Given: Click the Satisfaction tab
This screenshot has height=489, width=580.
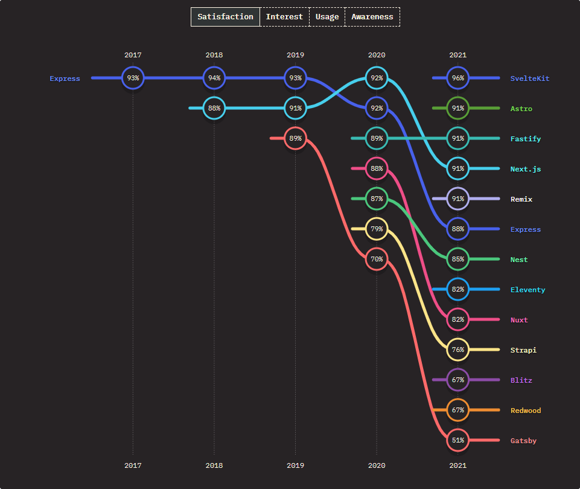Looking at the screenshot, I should pyautogui.click(x=225, y=17).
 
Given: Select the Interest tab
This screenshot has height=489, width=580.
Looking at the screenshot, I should pyautogui.click(x=284, y=17).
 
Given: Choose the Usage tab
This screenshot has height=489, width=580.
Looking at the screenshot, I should pyautogui.click(x=327, y=17).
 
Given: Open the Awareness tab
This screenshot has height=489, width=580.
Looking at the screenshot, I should pyautogui.click(x=372, y=17).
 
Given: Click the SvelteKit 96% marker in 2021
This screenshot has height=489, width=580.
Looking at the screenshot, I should pyautogui.click(x=457, y=78).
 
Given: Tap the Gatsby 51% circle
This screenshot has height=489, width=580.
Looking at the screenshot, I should pyautogui.click(x=457, y=440).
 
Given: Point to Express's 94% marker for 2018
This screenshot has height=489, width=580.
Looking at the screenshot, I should pyautogui.click(x=214, y=78).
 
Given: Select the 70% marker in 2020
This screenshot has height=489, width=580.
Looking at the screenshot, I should pyautogui.click(x=377, y=259).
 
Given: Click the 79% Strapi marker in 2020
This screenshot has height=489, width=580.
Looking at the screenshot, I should pyautogui.click(x=377, y=229).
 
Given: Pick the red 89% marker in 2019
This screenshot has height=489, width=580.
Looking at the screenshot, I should pyautogui.click(x=295, y=138).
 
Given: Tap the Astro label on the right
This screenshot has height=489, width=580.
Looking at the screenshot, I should pyautogui.click(x=521, y=109).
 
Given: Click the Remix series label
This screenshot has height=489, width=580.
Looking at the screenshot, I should pyautogui.click(x=521, y=199).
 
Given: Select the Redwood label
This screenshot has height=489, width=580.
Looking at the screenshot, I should pyautogui.click(x=525, y=411).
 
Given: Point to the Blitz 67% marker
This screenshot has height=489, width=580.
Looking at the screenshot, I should pyautogui.click(x=457, y=380).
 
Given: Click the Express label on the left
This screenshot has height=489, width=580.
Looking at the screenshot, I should pyautogui.click(x=65, y=78).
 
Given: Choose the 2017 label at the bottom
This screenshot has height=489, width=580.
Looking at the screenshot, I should pyautogui.click(x=133, y=465).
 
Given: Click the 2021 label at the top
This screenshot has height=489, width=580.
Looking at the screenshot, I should pyautogui.click(x=457, y=55).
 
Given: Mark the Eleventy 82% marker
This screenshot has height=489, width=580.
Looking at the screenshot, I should pyautogui.click(x=457, y=289).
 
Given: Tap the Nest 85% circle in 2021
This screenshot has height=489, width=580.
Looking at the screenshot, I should pyautogui.click(x=457, y=259).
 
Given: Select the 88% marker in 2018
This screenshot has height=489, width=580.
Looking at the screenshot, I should pyautogui.click(x=214, y=108).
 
